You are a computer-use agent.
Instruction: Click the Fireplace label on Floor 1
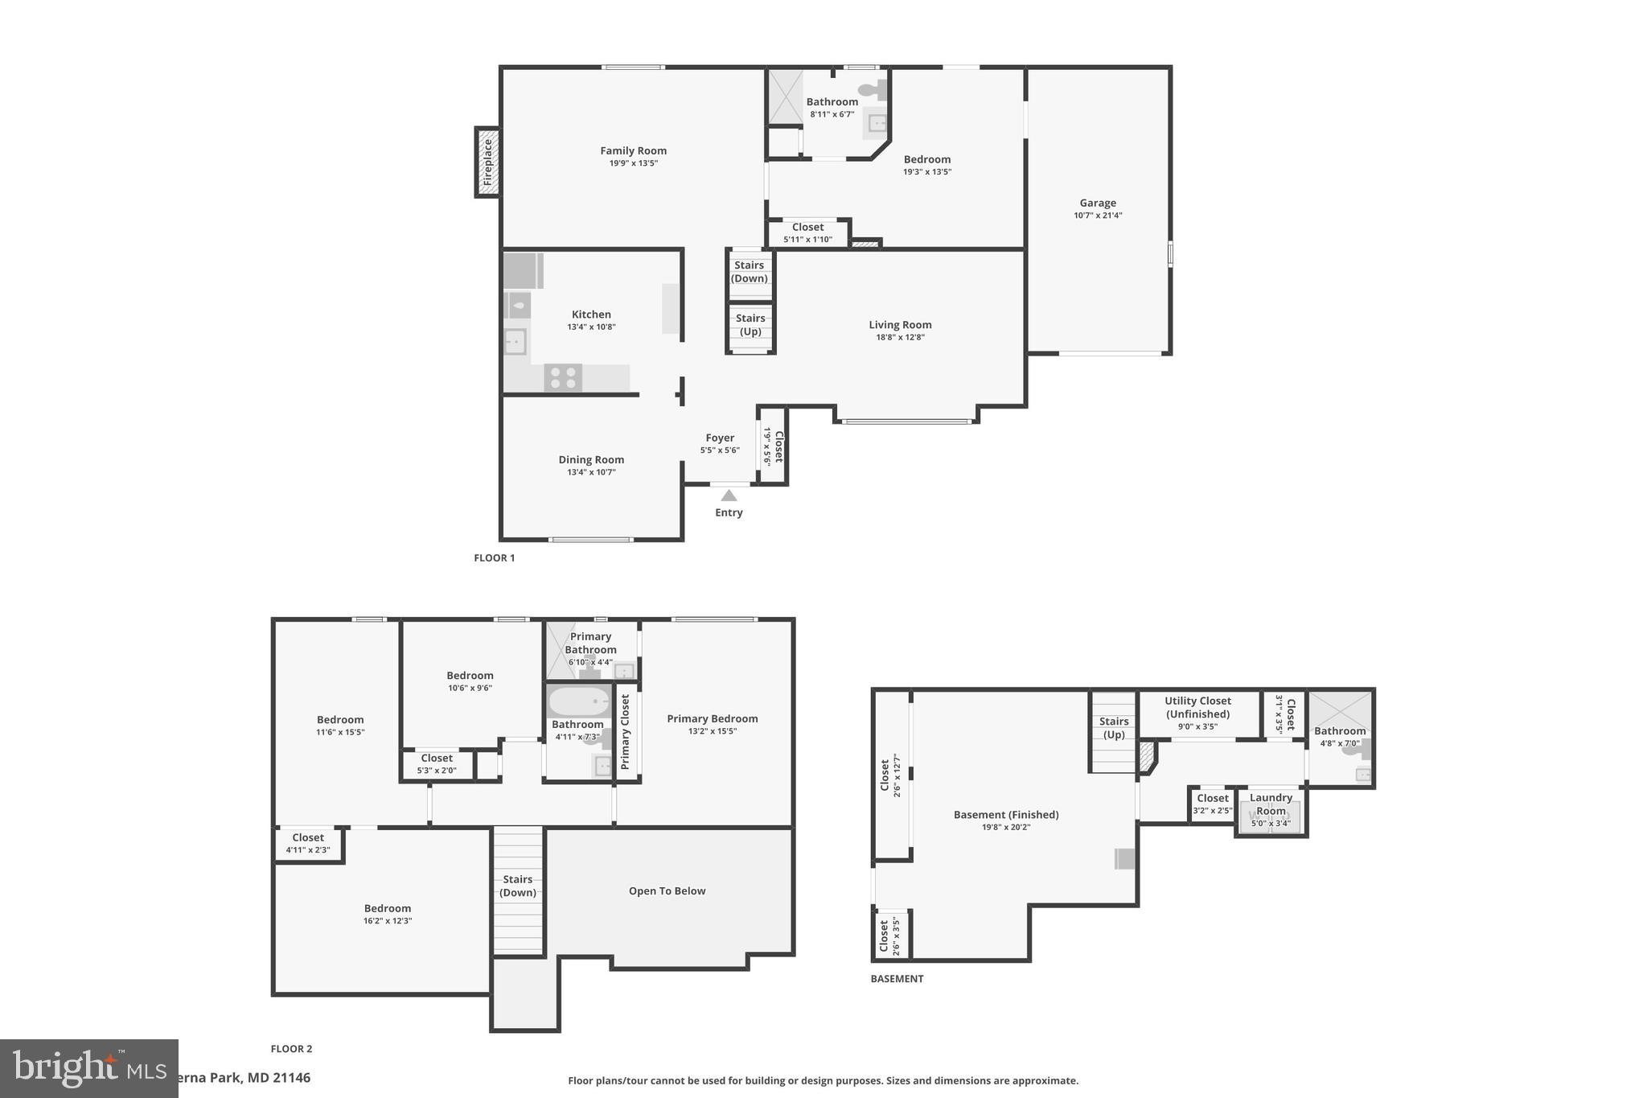pos(487,162)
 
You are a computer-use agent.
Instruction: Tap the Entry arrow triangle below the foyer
pos(729,496)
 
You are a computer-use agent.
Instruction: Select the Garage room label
pos(1098,204)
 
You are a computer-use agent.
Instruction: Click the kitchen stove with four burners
pos(563,377)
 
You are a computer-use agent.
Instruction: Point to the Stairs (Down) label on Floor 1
pos(749,272)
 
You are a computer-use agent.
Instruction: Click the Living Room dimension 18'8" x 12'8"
pos(900,338)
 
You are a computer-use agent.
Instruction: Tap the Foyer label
pos(720,438)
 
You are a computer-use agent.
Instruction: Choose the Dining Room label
pos(591,460)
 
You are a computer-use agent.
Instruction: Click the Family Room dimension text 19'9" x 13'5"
pos(633,163)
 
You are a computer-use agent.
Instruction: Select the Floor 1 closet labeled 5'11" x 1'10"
pos(807,232)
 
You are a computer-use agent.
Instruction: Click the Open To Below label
pos(667,891)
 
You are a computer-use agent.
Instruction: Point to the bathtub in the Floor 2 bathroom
pos(579,701)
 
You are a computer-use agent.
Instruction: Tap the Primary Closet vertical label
pos(626,731)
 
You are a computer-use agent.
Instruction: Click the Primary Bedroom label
pos(712,719)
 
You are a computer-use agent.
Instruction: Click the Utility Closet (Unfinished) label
pos(1197,708)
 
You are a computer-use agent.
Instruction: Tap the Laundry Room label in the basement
pos(1271,804)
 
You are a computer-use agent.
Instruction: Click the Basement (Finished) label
pos(1005,815)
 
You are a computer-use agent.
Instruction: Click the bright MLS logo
pos(88,1068)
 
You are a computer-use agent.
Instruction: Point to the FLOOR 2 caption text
pos(291,1049)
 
